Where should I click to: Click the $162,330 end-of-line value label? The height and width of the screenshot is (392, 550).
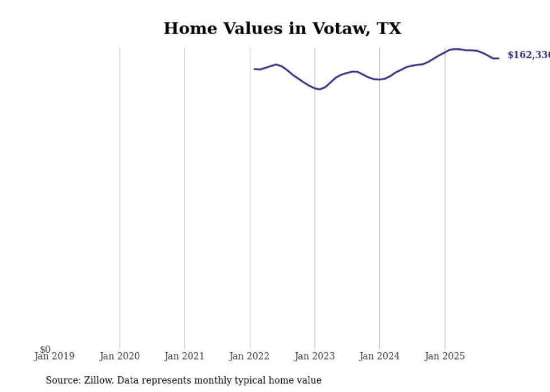[x=528, y=55]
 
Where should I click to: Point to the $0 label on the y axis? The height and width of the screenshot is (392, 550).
[x=45, y=349]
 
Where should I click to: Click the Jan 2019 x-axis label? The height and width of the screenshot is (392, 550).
[x=54, y=356]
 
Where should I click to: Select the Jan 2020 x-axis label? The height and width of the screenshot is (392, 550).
[x=120, y=356]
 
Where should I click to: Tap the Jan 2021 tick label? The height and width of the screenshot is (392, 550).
[x=185, y=356]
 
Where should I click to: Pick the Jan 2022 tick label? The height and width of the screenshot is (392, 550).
[x=249, y=356]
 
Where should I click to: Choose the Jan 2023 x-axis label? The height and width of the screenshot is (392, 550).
[x=314, y=356]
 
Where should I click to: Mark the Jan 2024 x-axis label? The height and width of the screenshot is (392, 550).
[x=379, y=356]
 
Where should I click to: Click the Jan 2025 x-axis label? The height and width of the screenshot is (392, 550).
[x=444, y=356]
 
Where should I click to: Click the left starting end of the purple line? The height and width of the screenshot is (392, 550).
[x=255, y=69]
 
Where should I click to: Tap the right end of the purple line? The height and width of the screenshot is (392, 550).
[x=498, y=58]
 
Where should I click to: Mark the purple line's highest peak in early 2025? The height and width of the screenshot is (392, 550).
[x=455, y=49]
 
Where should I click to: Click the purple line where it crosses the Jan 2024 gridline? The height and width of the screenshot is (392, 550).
[x=379, y=80]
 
